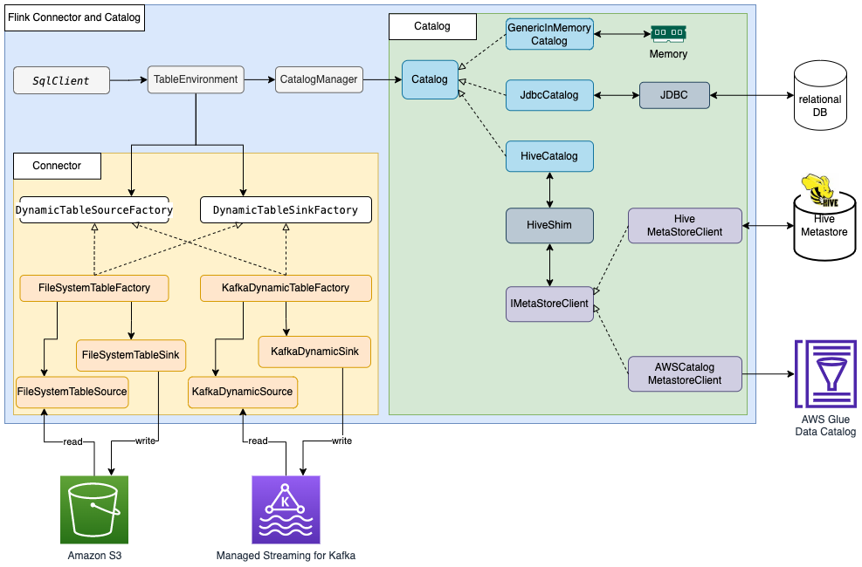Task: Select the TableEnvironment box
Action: coord(195,79)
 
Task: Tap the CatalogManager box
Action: coord(318,79)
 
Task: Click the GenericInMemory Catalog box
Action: coord(549,34)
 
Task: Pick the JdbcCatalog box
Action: coord(549,95)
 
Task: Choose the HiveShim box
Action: coord(549,225)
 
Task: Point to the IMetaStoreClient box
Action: coord(549,304)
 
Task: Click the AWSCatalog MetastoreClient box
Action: coord(685,373)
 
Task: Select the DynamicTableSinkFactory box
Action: coord(286,210)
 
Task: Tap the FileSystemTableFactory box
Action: coord(94,288)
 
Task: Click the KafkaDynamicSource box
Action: coord(243,392)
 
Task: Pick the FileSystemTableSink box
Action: coord(130,355)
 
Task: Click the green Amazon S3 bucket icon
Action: coord(94,509)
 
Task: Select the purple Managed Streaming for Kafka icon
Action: coord(286,509)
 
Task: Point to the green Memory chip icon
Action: coord(668,34)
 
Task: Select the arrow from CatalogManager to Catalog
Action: coord(381,80)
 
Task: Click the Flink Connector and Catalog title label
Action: coord(74,17)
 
